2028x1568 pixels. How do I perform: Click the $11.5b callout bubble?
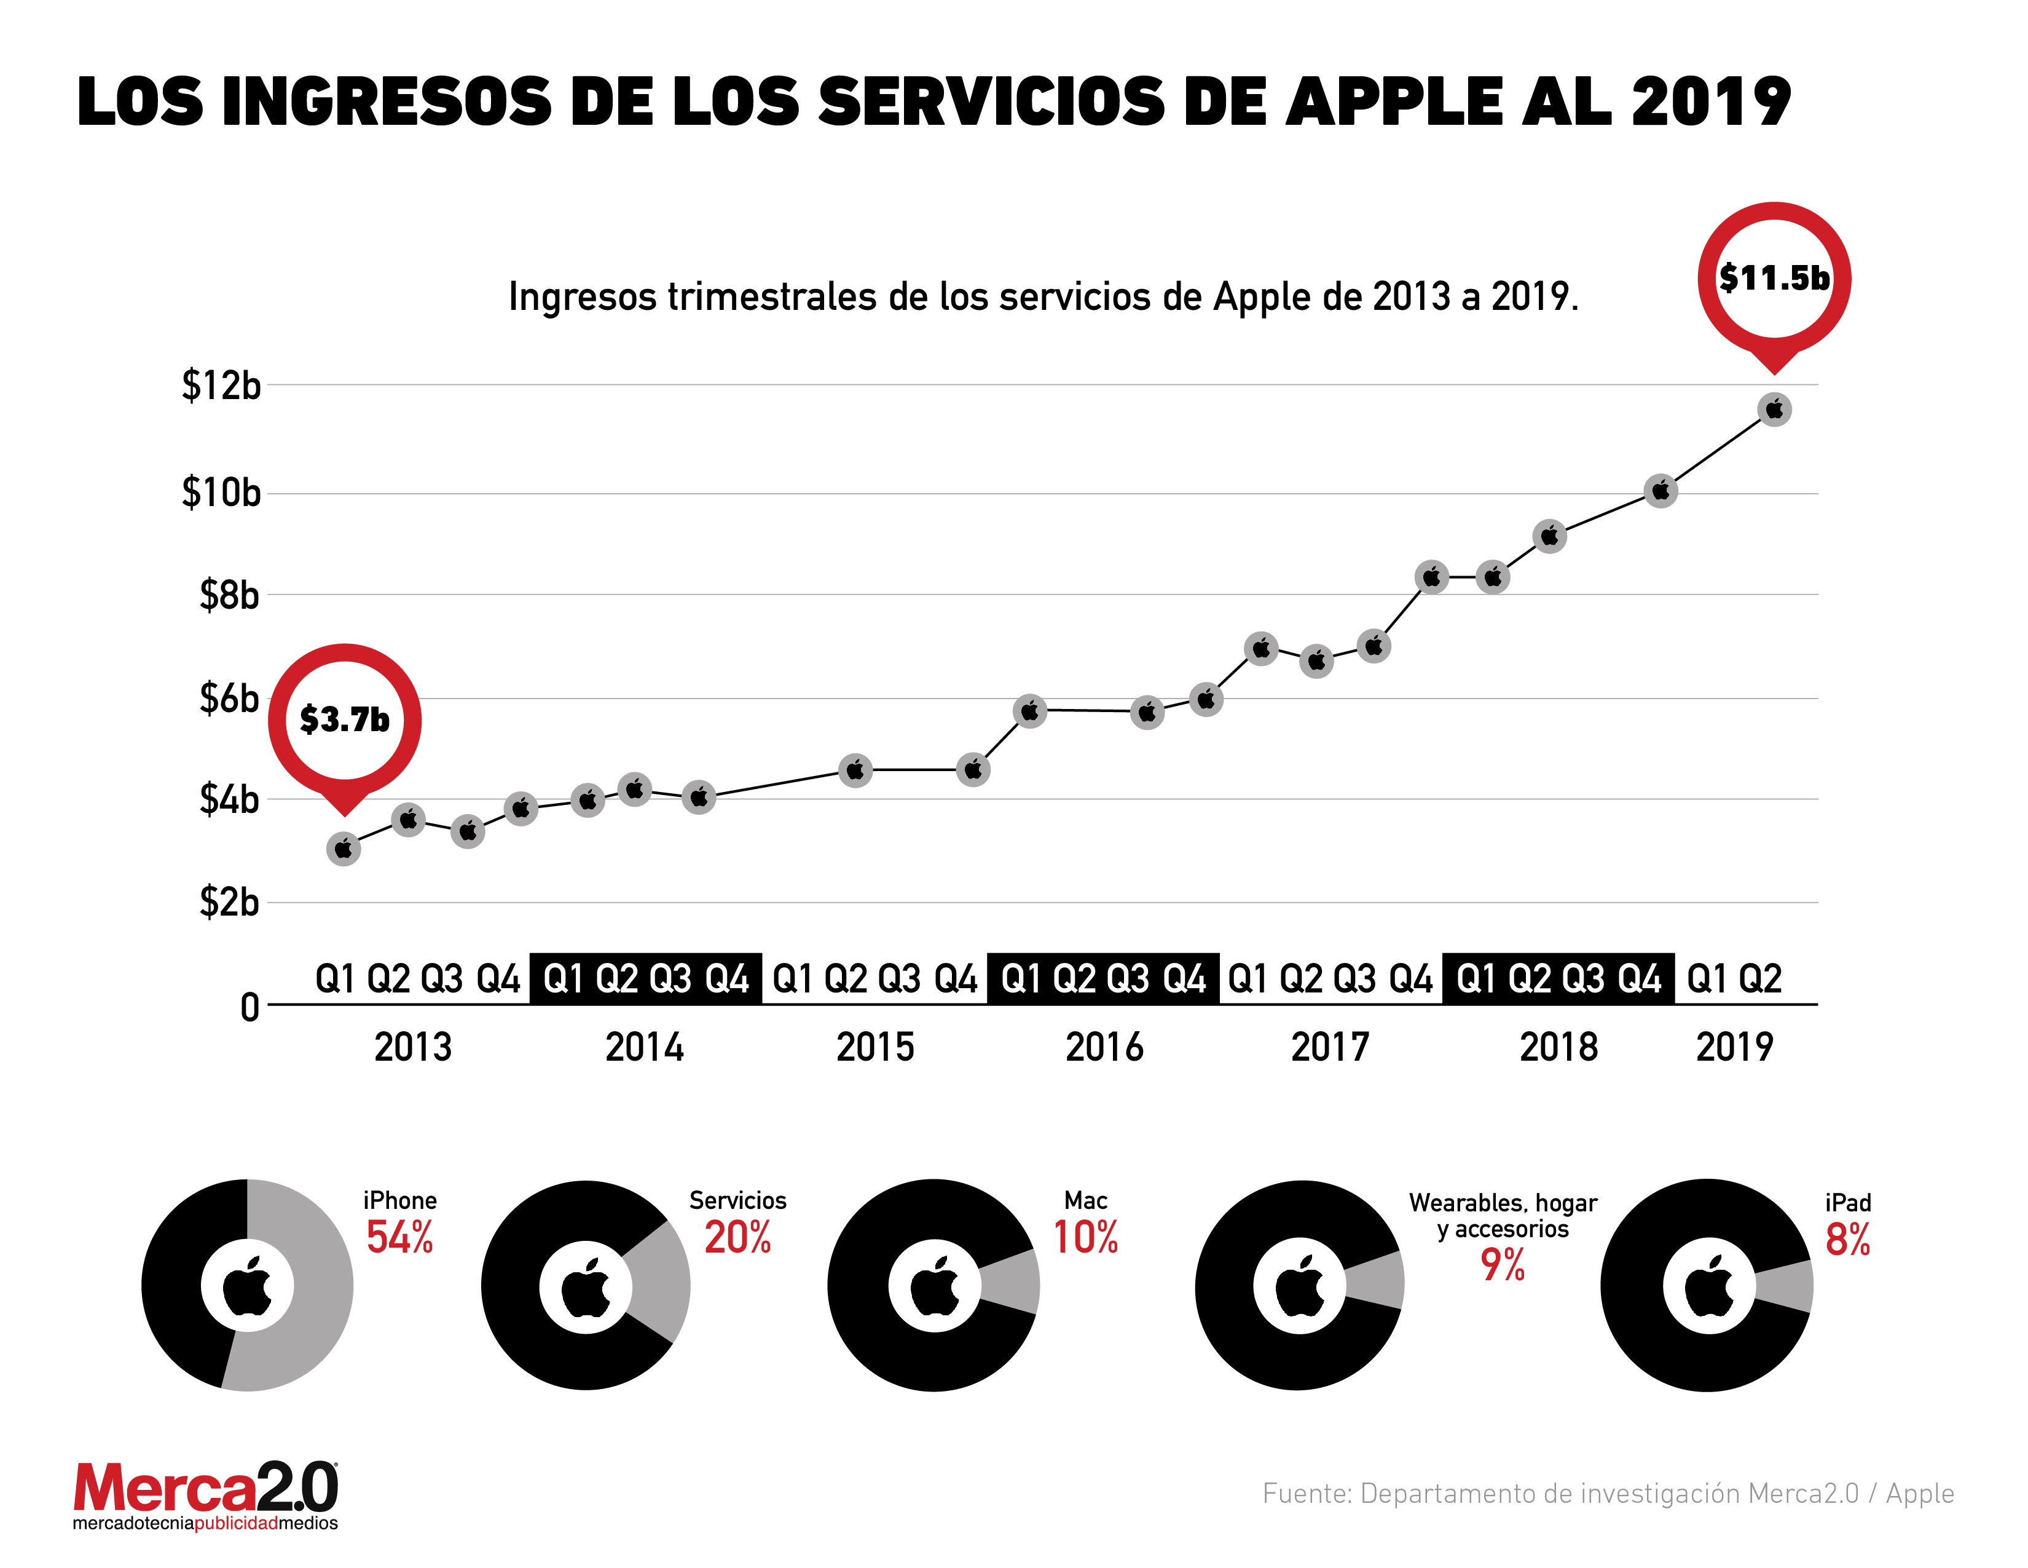[x=1774, y=278]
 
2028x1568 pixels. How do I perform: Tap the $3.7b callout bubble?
[x=345, y=720]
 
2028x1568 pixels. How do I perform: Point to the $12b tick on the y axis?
[x=221, y=384]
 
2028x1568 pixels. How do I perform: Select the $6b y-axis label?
[x=229, y=699]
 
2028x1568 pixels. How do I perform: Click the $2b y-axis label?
[x=229, y=902]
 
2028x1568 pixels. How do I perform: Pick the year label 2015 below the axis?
[x=874, y=1048]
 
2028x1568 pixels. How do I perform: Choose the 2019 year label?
[x=1734, y=1048]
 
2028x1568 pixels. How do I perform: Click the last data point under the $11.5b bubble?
[x=1774, y=410]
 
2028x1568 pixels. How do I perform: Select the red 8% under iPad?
[x=1847, y=1240]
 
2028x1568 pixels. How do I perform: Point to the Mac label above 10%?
[x=1085, y=1200]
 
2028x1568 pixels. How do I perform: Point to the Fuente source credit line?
[x=1608, y=1494]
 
